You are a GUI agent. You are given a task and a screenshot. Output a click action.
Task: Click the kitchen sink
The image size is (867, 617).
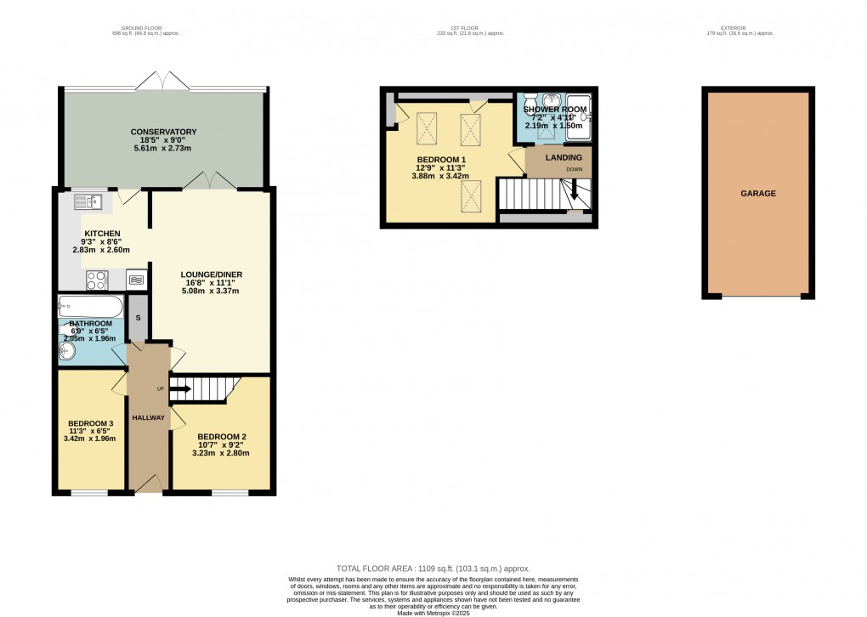pos(88,201)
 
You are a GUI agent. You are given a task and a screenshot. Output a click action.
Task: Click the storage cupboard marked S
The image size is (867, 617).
pos(139,317)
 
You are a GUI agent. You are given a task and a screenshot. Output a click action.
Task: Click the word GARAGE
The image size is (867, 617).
pos(757,194)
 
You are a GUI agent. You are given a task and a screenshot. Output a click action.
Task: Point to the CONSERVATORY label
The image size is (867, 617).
pos(163,132)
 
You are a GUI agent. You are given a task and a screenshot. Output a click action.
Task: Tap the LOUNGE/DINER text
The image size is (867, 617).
pos(212,275)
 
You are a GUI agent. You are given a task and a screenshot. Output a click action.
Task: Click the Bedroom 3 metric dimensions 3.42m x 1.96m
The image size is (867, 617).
pos(92,439)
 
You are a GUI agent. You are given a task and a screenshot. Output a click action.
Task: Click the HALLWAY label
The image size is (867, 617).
pos(148,418)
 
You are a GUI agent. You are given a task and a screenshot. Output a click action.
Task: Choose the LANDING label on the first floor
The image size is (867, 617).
pos(564,157)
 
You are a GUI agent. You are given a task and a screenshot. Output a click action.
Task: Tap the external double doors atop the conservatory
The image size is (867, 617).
pos(163,82)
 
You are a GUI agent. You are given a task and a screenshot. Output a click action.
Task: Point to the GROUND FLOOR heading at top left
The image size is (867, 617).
pos(145,28)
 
